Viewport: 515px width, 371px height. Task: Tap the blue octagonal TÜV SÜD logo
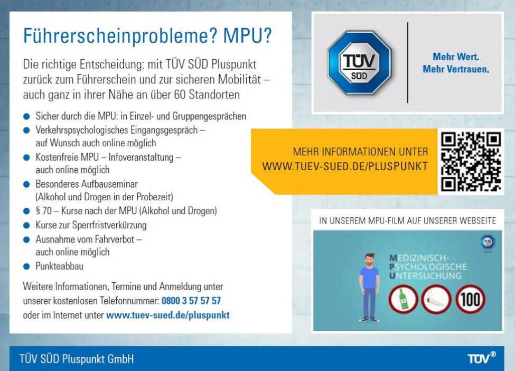tap(359, 63)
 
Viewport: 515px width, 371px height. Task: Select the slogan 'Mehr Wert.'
tap(456, 57)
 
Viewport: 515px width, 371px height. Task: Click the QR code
tap(471, 161)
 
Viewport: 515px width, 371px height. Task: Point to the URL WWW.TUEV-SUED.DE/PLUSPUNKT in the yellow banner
tap(345, 166)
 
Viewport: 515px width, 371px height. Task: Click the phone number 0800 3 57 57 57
tap(191, 301)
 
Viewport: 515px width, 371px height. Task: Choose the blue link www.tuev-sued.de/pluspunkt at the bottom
tap(168, 315)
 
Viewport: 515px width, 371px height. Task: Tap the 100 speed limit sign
tap(470, 299)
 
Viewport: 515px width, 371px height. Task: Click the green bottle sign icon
tap(404, 299)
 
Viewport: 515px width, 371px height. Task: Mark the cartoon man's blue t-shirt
tap(369, 275)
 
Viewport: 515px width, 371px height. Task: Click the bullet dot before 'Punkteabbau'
tap(26, 266)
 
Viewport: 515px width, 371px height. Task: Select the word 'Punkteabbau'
tap(60, 266)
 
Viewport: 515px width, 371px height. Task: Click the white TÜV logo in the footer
tap(482, 358)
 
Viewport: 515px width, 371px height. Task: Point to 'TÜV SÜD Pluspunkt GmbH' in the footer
tap(77, 358)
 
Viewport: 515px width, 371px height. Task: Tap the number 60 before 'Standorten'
tap(180, 95)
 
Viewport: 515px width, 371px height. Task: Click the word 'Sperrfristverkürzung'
tap(109, 225)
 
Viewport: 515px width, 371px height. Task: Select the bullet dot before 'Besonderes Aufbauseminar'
tap(26, 184)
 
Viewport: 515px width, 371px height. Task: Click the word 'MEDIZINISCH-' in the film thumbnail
tap(419, 258)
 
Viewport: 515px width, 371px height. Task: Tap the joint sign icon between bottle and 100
tap(436, 299)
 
